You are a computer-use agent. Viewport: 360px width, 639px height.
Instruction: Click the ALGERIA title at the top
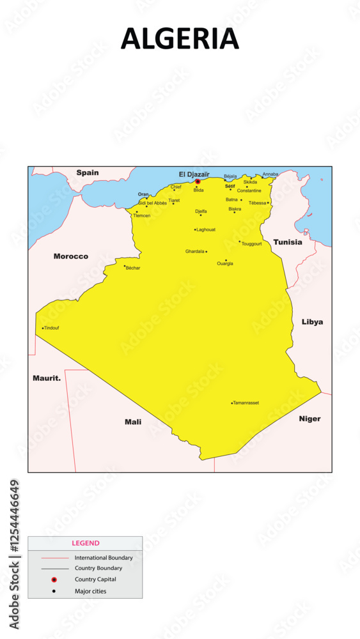pos(180,40)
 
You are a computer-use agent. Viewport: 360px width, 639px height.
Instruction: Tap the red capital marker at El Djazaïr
pos(198,181)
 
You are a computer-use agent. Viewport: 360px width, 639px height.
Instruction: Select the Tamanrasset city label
pos(246,403)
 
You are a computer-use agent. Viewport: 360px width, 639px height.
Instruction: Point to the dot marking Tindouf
pos(43,328)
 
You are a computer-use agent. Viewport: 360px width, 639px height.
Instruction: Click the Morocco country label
pos(71,256)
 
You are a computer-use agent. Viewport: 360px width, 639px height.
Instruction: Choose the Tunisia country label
pos(288,242)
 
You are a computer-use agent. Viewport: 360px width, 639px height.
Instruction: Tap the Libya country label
pos(312,322)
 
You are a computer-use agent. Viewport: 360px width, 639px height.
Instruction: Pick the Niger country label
pos(309,419)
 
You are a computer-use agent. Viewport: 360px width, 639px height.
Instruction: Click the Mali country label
pos(133,422)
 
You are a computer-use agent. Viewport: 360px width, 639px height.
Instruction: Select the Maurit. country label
pos(47,378)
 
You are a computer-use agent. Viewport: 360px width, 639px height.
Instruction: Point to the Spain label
pos(88,173)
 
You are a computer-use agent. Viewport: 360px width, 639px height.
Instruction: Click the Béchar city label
pos(133,268)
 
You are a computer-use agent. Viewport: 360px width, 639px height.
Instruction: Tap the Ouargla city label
pos(225,263)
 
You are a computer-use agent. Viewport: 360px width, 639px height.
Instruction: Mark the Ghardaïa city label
pos(195,251)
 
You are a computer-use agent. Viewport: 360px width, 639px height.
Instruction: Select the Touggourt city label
pos(252,243)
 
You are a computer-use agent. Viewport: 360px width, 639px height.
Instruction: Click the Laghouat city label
pos(206,229)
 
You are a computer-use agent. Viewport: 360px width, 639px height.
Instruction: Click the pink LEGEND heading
pos(86,543)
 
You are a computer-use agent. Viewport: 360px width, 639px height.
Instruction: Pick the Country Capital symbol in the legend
pos(54,580)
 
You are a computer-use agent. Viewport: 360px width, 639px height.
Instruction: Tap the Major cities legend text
pos(91,591)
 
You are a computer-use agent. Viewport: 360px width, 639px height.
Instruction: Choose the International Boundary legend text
pos(104,558)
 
